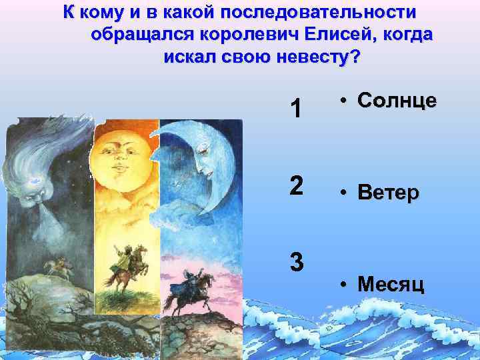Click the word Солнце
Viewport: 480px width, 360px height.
click(x=397, y=101)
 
